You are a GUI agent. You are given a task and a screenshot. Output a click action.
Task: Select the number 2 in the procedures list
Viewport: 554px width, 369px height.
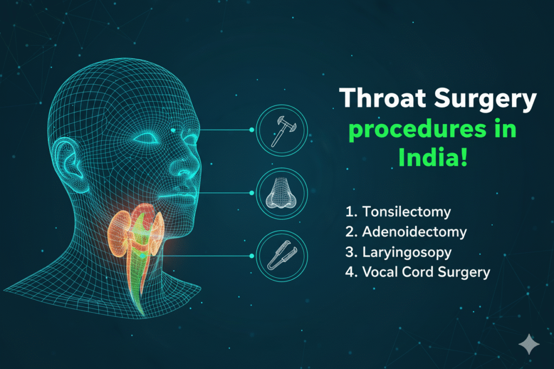(348, 232)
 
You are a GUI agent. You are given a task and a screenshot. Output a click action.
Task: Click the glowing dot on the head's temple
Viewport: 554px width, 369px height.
(173, 130)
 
